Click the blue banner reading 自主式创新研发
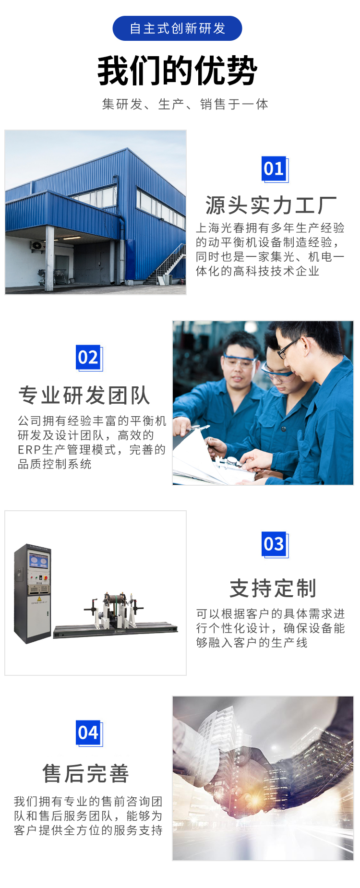(x=177, y=28)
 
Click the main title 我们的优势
(x=178, y=71)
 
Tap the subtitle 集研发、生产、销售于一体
(x=185, y=104)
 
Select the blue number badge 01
(x=274, y=168)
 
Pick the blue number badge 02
(x=88, y=357)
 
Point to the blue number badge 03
(x=274, y=544)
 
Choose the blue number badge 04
(x=88, y=732)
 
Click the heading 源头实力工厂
(x=271, y=205)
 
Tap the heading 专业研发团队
(x=84, y=396)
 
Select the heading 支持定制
(x=273, y=588)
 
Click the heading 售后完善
(x=86, y=773)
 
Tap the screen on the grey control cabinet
(x=39, y=561)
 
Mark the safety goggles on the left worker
(x=240, y=361)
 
